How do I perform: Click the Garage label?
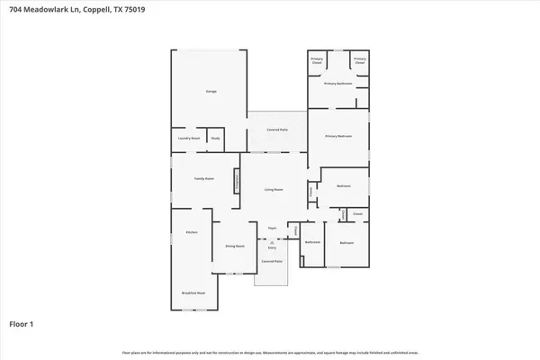click(211, 91)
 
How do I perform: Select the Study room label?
click(215, 139)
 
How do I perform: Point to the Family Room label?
click(204, 179)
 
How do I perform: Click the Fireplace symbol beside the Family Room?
click(238, 181)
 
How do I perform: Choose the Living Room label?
click(274, 190)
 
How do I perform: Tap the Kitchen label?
click(191, 232)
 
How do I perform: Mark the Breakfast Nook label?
click(193, 293)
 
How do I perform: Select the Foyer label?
click(271, 229)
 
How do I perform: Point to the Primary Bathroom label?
click(337, 84)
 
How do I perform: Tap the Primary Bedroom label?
click(337, 137)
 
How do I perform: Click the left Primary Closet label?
click(317, 61)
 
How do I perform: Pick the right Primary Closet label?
click(359, 61)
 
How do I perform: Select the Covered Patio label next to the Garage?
click(276, 130)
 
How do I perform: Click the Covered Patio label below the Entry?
click(272, 261)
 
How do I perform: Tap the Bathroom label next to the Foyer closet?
click(312, 242)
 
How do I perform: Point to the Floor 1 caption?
click(22, 322)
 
